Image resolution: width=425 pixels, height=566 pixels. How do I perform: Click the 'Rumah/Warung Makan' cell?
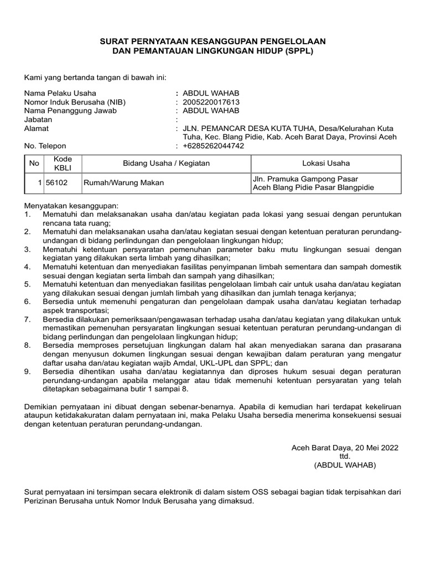123,183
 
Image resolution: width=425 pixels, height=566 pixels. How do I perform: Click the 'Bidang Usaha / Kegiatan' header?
166,164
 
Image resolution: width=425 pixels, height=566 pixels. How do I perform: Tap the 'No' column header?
34,164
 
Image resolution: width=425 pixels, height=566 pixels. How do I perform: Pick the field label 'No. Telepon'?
45,146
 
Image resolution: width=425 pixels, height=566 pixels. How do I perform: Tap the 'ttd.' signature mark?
345,457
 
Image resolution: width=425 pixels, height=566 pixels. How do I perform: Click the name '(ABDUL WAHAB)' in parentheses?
345,465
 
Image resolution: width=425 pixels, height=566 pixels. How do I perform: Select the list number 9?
28,371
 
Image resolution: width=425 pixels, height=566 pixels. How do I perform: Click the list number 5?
28,284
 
